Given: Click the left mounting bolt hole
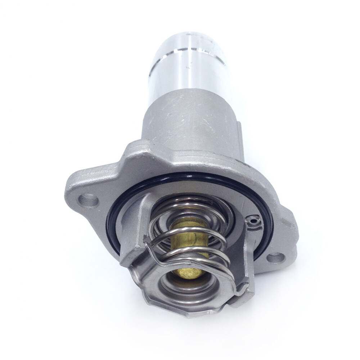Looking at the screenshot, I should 88,200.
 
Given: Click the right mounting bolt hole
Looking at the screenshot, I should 276,258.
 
